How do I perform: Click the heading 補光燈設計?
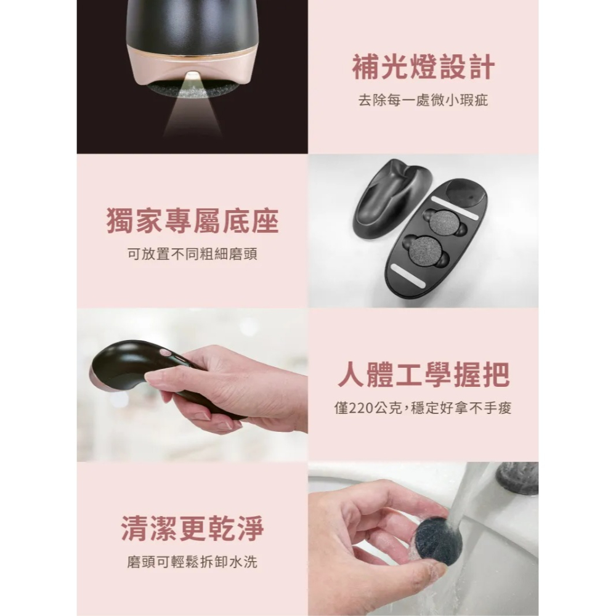423,68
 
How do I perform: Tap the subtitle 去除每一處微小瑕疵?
423,100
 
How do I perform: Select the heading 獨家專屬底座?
192,222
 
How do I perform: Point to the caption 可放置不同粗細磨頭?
192,254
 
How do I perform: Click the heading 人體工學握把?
423,376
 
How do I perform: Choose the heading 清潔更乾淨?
192,530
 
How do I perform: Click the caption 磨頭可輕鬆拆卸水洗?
192,562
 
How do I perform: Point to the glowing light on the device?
193,76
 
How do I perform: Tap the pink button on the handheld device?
164,353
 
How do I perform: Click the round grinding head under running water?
438,541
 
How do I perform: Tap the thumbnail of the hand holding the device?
192,385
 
